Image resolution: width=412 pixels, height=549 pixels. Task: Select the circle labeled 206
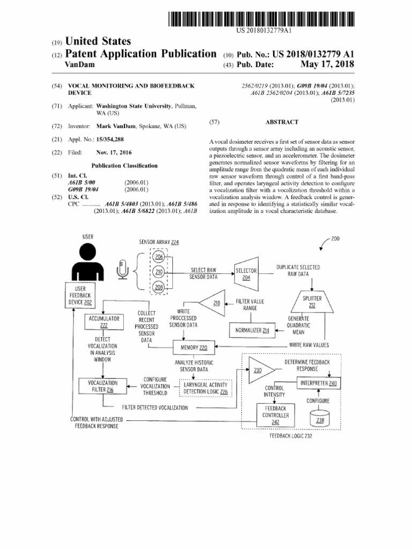click(x=158, y=257)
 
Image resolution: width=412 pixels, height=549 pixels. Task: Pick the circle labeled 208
click(x=158, y=287)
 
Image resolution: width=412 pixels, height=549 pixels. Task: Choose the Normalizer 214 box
click(x=251, y=331)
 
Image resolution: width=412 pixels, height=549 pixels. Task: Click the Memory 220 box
click(x=194, y=347)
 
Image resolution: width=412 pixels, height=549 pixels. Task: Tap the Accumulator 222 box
click(x=104, y=322)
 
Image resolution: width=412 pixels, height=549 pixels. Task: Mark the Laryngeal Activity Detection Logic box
click(x=205, y=388)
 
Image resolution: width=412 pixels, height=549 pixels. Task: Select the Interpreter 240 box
click(x=318, y=383)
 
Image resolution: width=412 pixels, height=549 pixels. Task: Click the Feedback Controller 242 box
click(x=275, y=415)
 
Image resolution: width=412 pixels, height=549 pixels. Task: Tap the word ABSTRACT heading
click(x=282, y=122)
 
